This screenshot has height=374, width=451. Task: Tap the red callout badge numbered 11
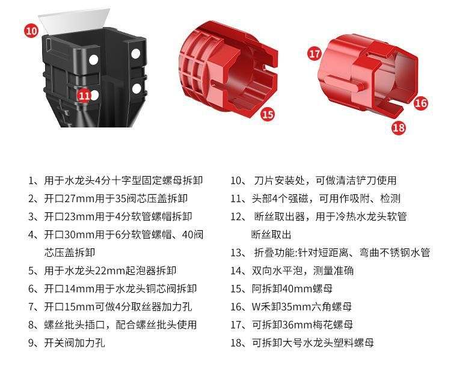[85, 95]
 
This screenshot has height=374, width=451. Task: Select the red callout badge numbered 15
[268, 114]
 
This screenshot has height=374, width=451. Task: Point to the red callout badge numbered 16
[420, 103]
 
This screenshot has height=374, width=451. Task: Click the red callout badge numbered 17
[314, 53]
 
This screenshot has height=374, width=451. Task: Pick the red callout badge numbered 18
[398, 127]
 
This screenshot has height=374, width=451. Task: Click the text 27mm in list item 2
[76, 198]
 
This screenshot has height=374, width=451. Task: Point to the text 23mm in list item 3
[76, 216]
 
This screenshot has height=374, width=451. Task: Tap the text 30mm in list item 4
[76, 235]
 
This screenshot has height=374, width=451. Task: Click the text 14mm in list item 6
[76, 289]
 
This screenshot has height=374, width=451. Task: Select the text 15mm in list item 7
[76, 307]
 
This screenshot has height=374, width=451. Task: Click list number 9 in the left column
[32, 343]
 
